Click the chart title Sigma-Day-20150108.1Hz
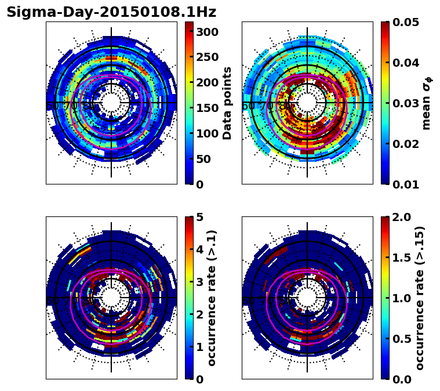tap(111, 12)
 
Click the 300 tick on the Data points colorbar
tap(206, 32)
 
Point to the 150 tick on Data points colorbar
tap(206, 108)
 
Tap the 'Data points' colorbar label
tap(227, 103)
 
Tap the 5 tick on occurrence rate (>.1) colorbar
tap(200, 217)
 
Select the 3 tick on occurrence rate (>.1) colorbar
tap(200, 282)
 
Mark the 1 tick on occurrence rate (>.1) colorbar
tap(200, 347)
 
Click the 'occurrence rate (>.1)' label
tap(212, 298)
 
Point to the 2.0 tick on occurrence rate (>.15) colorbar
tap(402, 217)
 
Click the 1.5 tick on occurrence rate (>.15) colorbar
tap(402, 258)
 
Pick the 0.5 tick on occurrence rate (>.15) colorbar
tap(402, 339)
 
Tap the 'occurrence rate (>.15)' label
tap(420, 298)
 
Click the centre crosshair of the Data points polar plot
tap(111, 103)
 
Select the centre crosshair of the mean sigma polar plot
tap(307, 103)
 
